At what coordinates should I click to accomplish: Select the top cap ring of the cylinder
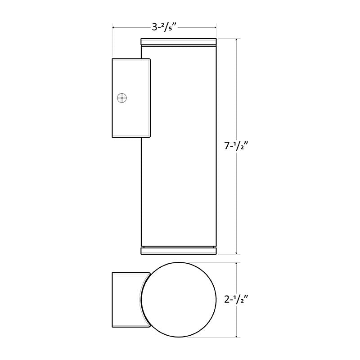click(179, 42)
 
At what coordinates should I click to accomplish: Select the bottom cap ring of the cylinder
click(179, 251)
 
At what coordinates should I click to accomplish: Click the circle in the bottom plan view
click(179, 299)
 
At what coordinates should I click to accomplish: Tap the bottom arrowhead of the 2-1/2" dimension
click(237, 335)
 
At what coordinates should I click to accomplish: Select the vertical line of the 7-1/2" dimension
click(237, 90)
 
